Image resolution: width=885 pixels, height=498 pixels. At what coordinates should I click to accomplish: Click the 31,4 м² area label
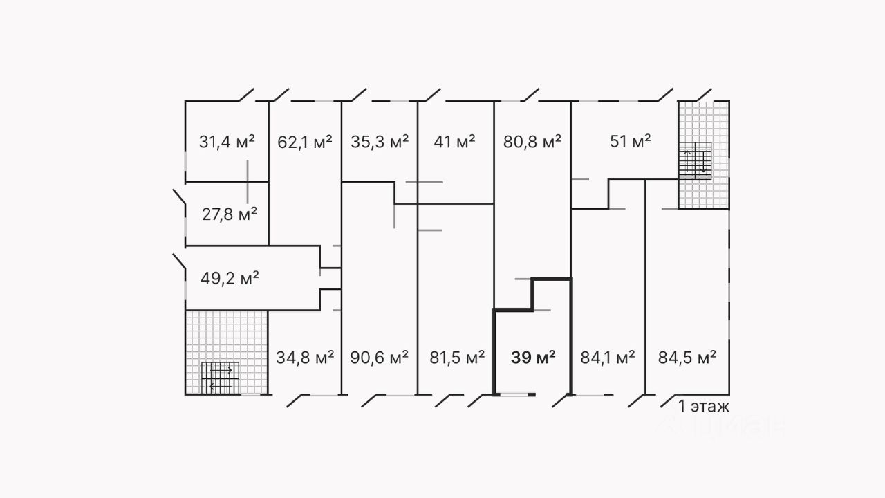[227, 142]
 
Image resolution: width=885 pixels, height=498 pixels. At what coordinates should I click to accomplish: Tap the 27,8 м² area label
[230, 214]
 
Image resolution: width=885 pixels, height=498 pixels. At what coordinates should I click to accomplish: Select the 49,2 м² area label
[230, 279]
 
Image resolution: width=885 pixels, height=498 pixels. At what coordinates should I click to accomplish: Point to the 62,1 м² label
[304, 142]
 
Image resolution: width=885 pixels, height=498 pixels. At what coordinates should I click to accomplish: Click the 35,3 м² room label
[380, 142]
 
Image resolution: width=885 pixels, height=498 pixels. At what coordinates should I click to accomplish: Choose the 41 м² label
[454, 142]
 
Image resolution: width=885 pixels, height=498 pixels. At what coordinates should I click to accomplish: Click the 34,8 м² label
[305, 358]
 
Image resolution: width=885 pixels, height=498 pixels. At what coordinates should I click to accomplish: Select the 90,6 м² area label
[380, 358]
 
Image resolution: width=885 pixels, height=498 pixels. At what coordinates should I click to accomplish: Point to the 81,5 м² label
[456, 358]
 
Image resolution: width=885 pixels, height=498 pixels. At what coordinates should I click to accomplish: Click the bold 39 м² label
[533, 358]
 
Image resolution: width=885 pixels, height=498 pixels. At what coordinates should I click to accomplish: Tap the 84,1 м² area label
[606, 358]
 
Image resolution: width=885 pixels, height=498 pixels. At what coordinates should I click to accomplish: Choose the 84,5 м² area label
[686, 358]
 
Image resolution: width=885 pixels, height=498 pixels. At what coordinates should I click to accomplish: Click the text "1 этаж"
[704, 407]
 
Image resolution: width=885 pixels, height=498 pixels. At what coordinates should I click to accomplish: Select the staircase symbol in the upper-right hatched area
[695, 160]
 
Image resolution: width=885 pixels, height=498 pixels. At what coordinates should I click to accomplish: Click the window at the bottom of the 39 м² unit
[513, 394]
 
